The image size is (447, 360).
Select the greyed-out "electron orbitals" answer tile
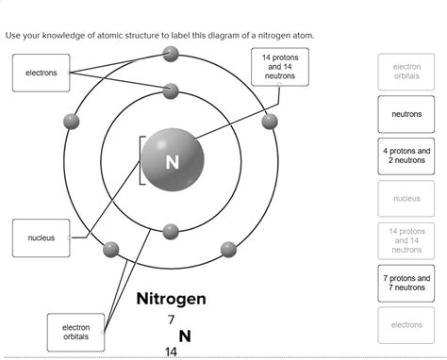tap(406, 72)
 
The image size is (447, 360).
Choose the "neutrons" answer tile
tap(406, 114)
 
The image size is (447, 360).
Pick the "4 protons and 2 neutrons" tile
tap(406, 155)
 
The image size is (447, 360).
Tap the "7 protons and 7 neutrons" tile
tap(406, 284)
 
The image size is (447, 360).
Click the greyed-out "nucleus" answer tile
tap(406, 198)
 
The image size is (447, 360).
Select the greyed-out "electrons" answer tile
tap(406, 325)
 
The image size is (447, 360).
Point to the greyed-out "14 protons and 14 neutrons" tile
tap(406, 240)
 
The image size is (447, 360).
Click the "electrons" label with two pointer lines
tap(41, 73)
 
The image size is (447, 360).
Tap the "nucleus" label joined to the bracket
tap(41, 237)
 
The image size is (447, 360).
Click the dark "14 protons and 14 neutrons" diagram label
tap(280, 66)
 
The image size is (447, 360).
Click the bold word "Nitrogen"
tap(172, 299)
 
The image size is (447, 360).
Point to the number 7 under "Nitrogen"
tap(171, 319)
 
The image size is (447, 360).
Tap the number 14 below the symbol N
tap(171, 352)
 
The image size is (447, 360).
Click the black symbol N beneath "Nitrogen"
tap(184, 335)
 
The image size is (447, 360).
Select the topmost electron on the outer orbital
tap(171, 53)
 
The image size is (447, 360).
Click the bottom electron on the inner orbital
tap(171, 231)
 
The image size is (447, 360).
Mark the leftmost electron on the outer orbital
tap(71, 121)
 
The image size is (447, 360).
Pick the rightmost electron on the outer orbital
tap(271, 121)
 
